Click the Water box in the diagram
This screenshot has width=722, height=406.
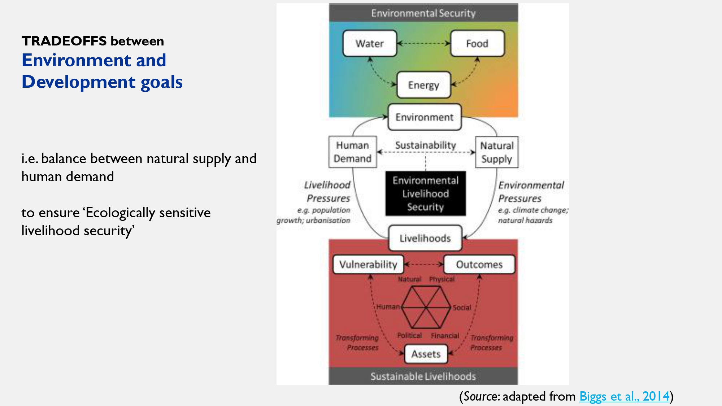point(369,43)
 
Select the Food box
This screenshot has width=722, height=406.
point(477,43)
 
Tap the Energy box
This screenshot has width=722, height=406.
point(423,85)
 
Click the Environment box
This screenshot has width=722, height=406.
point(424,117)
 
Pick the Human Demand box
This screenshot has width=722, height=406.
point(352,152)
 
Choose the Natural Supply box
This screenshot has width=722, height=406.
point(496,152)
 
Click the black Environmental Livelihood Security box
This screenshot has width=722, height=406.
point(426,193)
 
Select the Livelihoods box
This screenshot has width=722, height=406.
point(425,238)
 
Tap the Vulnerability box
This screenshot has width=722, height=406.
point(368,264)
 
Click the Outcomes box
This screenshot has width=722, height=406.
point(479,264)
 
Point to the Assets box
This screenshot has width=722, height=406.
point(426,354)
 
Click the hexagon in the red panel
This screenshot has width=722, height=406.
point(426,307)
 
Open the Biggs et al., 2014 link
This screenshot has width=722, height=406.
point(624,396)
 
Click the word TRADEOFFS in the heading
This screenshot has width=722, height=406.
point(64,41)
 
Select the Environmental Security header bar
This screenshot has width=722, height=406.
point(423,13)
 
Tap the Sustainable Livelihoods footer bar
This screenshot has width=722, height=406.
point(423,376)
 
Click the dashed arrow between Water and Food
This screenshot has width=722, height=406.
point(423,43)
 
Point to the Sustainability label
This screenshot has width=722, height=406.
point(426,145)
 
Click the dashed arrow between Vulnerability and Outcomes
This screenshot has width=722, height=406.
point(424,264)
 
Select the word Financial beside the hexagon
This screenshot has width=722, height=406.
point(445,336)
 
